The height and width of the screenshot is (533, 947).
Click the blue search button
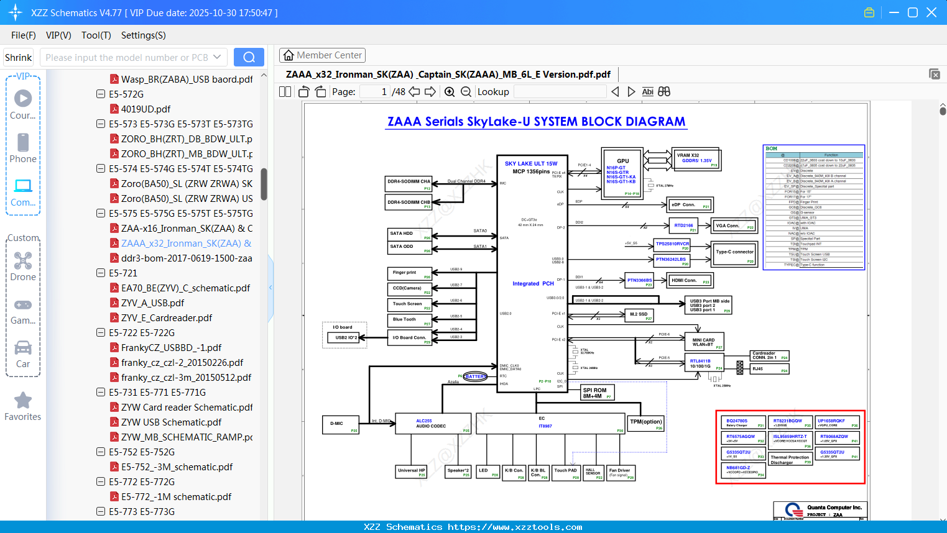[249, 57]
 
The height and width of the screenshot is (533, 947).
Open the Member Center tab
[322, 55]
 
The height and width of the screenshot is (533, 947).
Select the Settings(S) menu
[143, 35]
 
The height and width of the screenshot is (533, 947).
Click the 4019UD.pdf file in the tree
[146, 109]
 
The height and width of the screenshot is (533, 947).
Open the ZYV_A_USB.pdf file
[152, 303]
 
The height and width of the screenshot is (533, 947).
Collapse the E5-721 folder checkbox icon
[101, 273]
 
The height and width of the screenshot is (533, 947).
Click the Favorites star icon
[23, 401]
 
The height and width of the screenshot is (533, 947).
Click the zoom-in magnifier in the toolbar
[450, 92]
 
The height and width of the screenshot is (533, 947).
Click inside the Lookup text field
[560, 92]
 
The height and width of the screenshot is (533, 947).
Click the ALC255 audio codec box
[434, 424]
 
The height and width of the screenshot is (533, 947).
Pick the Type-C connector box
[734, 253]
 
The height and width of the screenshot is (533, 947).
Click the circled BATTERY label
[475, 376]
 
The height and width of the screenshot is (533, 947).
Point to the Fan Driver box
[621, 473]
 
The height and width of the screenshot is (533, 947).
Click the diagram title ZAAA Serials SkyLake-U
[536, 122]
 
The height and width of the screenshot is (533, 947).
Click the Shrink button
[19, 58]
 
